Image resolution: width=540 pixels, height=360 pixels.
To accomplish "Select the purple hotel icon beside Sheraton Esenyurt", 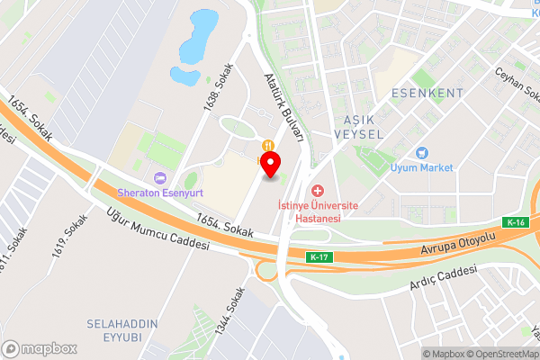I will (160, 177).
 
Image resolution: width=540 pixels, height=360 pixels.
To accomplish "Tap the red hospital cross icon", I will (317, 191).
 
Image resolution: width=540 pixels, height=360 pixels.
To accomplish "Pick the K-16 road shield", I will (515, 222).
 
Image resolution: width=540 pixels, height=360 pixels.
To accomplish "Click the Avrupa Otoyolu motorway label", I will (460, 237).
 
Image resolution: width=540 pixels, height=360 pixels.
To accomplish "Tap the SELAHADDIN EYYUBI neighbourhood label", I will (122, 329).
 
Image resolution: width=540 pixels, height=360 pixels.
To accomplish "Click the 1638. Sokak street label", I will (219, 86).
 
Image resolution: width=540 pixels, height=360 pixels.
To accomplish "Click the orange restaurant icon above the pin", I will (267, 146).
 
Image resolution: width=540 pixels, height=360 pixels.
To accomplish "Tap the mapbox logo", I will (40, 348).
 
